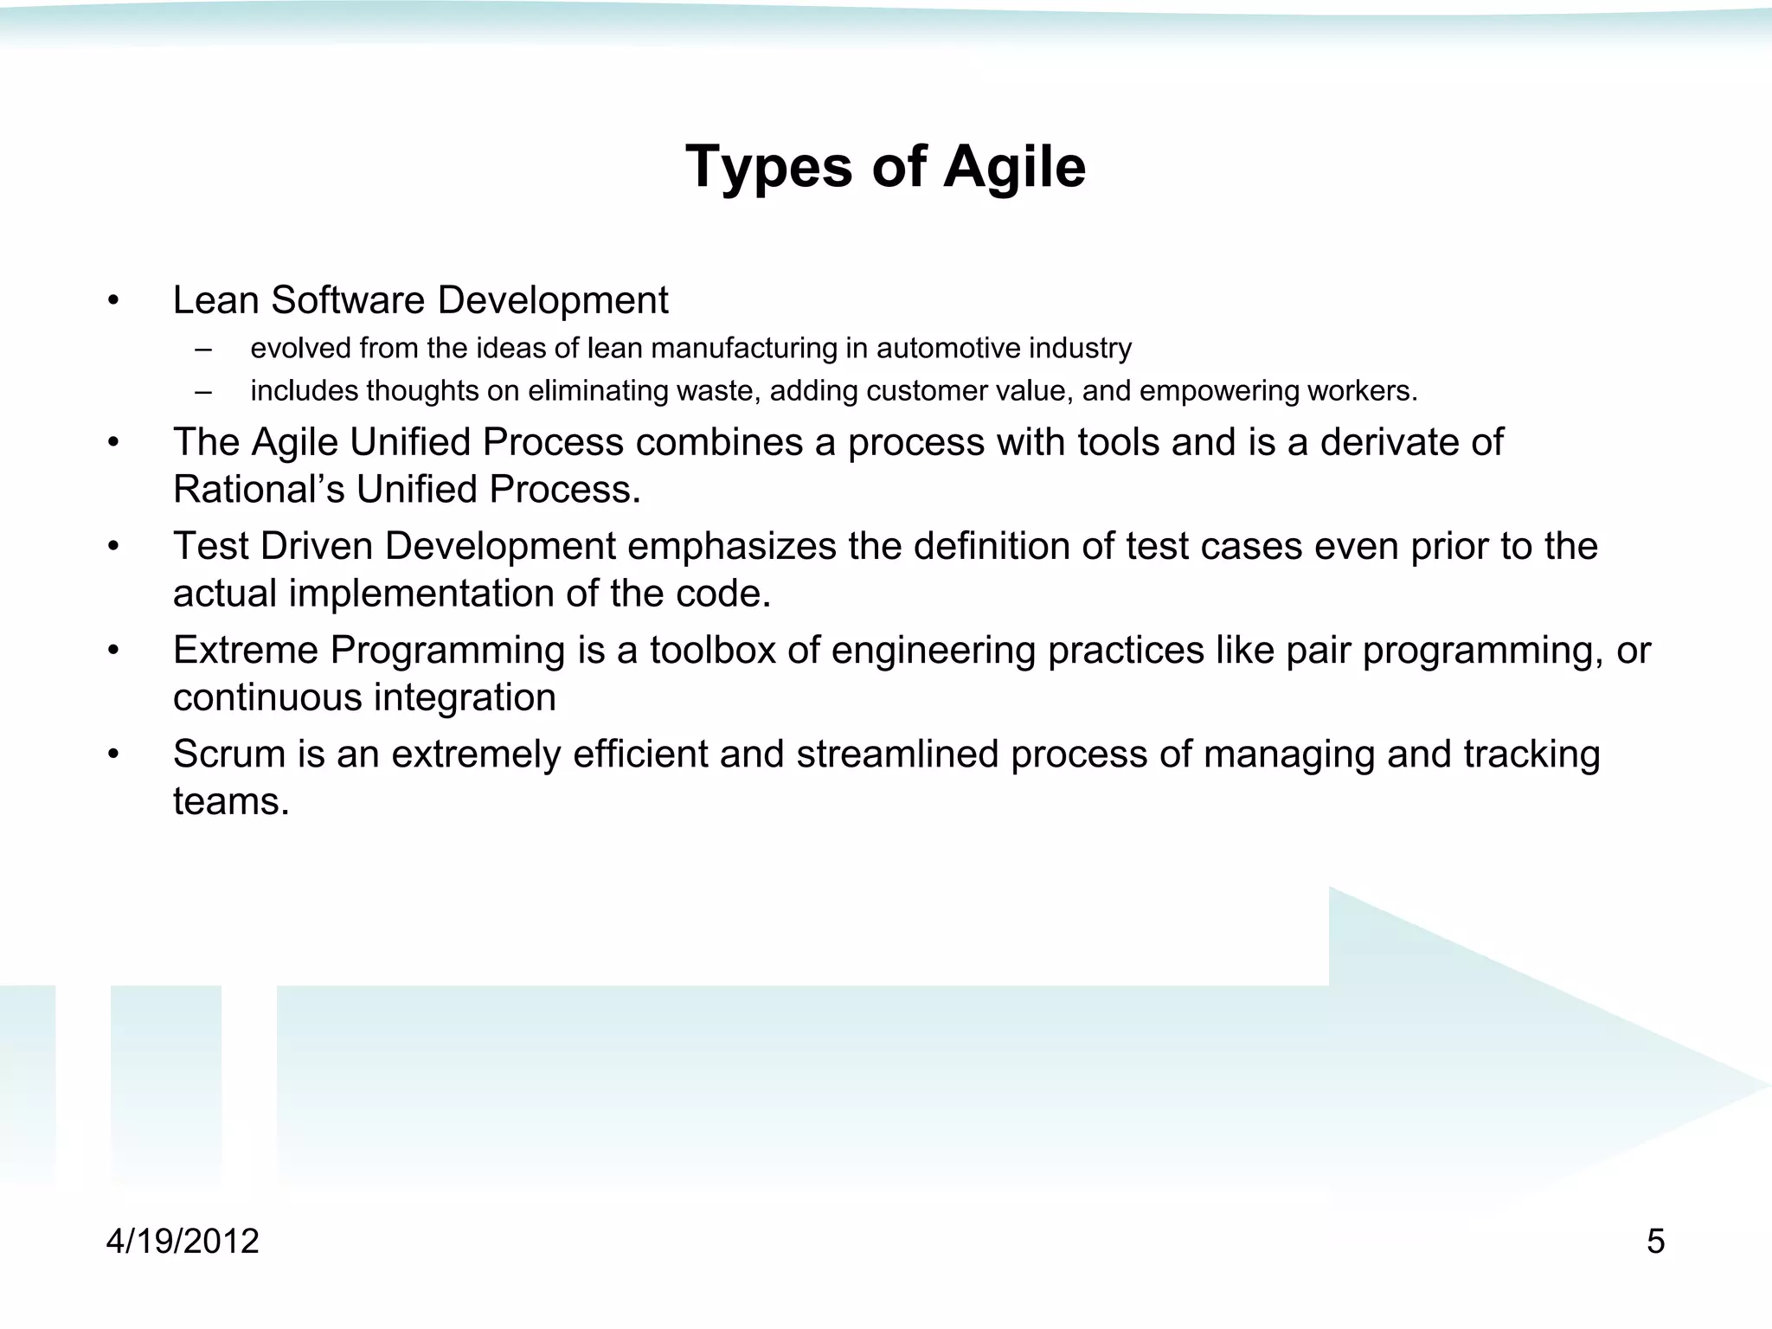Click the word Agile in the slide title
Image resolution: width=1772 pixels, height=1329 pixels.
coord(1014,166)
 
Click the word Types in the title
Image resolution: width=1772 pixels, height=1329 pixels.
coord(769,166)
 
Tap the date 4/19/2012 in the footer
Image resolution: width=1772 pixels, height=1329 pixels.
coord(183,1242)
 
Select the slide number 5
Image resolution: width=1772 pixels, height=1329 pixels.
coord(1655,1242)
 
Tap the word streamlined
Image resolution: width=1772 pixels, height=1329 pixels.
coord(897,754)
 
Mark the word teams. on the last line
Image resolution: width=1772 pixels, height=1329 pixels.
coord(230,801)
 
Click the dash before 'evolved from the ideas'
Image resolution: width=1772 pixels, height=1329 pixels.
coord(203,349)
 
